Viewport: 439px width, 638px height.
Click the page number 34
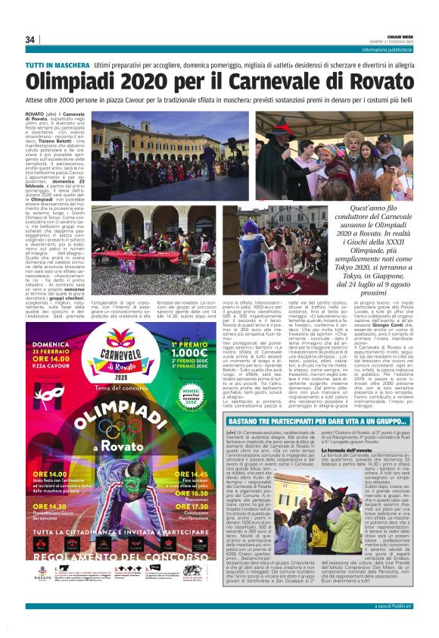30,39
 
